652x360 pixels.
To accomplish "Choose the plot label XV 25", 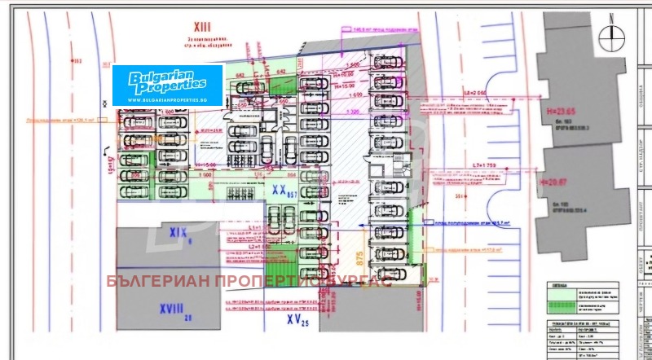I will [x=298, y=320].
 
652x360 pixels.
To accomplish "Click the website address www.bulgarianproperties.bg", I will [x=167, y=99].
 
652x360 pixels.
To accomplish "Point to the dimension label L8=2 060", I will [x=479, y=93].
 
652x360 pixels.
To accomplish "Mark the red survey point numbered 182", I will [x=77, y=61].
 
